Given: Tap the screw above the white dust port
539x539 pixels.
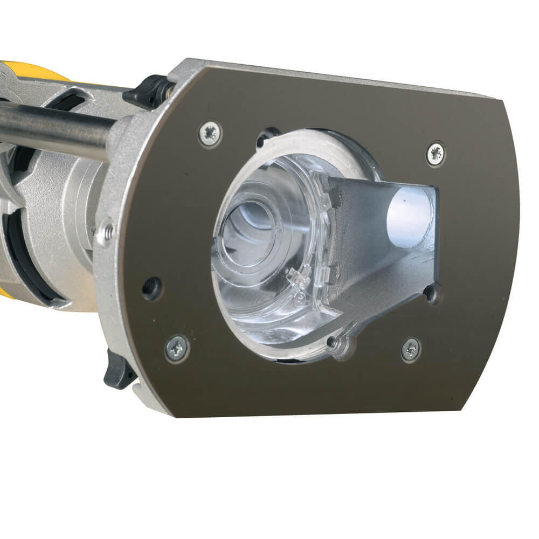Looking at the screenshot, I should (436, 154).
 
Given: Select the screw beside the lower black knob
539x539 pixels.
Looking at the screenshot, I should (177, 348).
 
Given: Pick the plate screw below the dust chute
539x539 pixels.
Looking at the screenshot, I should (411, 349).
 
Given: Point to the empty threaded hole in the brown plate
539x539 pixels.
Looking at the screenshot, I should (151, 288).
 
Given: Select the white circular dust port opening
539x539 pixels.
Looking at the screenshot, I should (410, 210).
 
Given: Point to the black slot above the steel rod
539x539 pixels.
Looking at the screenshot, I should (70, 100).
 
